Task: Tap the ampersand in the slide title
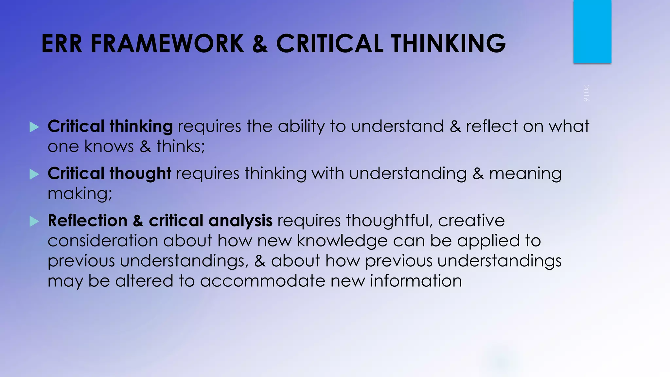click(x=260, y=44)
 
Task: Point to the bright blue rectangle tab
click(x=592, y=31)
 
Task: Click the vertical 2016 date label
click(x=586, y=93)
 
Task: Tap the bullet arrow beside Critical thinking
click(x=34, y=127)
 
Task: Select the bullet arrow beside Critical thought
click(x=34, y=174)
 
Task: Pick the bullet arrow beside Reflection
click(x=34, y=222)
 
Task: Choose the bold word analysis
click(x=240, y=221)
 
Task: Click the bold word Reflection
click(x=87, y=221)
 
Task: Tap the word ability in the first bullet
click(x=301, y=127)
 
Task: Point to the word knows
click(x=109, y=146)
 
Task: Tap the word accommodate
click(x=262, y=281)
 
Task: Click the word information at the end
click(x=416, y=281)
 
